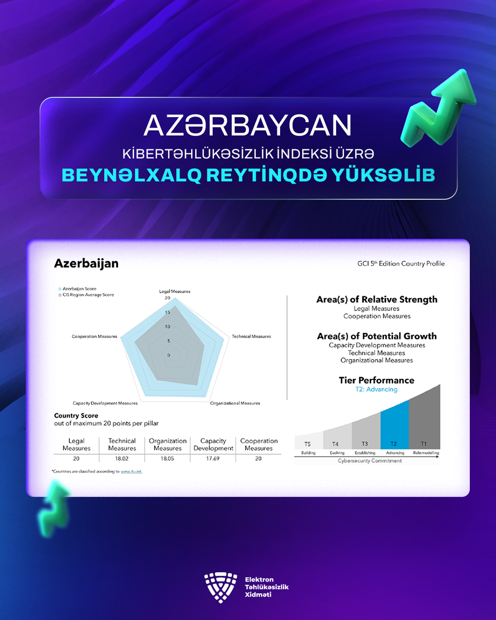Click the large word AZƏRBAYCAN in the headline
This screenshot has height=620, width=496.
point(247,125)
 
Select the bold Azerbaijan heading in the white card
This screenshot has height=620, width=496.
point(86,264)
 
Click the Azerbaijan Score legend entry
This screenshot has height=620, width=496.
point(77,289)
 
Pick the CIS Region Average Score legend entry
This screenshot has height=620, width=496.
point(86,295)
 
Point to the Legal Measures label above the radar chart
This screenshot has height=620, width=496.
point(175,291)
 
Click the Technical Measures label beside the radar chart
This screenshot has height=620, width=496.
point(251,336)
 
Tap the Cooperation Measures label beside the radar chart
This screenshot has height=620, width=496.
point(95,336)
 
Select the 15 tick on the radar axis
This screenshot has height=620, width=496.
point(167,312)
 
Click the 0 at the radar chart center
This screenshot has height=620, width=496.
point(169,355)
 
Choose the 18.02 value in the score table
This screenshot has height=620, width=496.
point(122,459)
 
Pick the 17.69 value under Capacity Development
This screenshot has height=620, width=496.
point(213,459)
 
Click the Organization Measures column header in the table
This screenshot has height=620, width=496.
point(168,445)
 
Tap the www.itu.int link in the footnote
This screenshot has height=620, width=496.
point(131,472)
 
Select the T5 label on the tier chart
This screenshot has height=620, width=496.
point(307,444)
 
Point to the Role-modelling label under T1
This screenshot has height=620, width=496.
point(426,453)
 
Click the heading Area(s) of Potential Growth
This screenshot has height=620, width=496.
point(377,336)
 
